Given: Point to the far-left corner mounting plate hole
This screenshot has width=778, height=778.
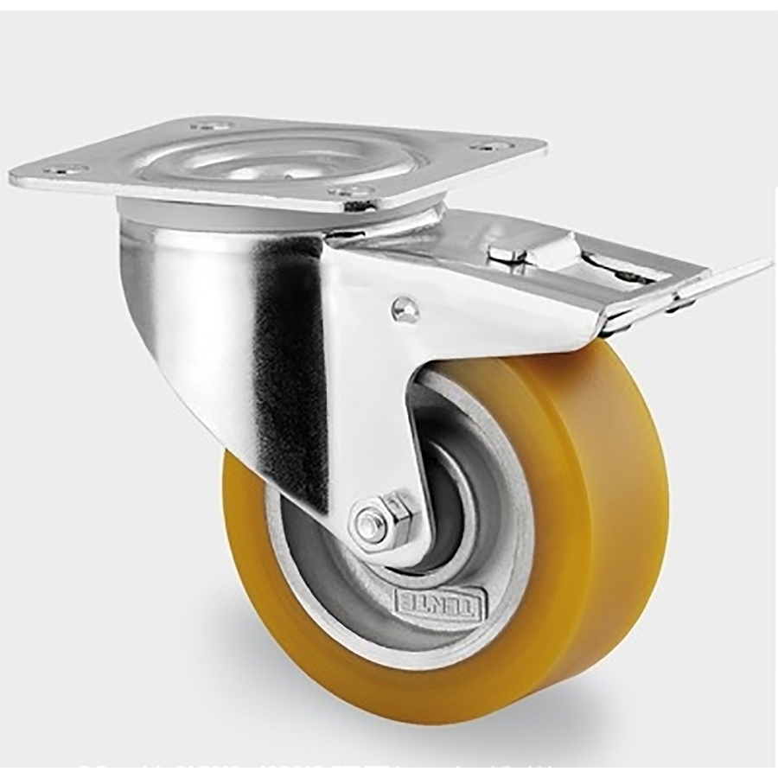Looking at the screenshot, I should pyautogui.click(x=65, y=169).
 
